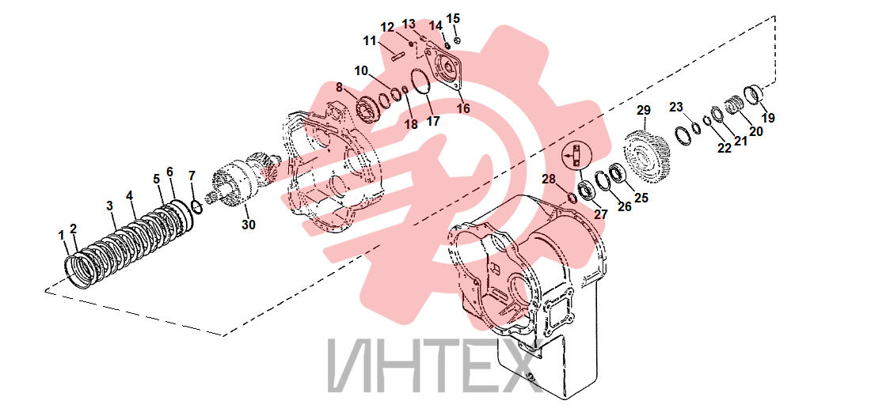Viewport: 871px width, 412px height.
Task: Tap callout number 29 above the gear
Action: point(643,111)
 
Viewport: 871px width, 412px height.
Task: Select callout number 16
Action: point(462,108)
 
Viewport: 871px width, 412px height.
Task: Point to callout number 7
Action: point(192,176)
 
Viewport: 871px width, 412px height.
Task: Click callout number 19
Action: point(769,118)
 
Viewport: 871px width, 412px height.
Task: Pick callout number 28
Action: point(549,179)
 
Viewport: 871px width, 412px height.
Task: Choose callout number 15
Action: point(453,18)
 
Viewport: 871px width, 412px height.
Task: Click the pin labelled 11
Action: point(397,57)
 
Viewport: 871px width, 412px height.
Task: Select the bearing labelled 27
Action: point(587,191)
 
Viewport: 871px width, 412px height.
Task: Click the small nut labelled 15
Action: point(457,40)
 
